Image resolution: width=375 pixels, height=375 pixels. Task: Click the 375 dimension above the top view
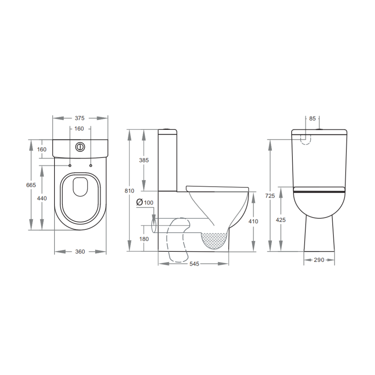[80, 118]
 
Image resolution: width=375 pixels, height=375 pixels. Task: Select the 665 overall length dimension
[31, 185]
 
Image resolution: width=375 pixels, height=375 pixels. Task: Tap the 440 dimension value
[42, 198]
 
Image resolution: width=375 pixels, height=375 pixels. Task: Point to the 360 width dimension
[80, 251]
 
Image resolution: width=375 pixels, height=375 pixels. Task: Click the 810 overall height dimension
[130, 191]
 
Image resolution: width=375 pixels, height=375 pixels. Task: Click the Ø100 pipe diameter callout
[145, 202]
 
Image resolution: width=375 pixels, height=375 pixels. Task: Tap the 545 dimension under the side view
[194, 264]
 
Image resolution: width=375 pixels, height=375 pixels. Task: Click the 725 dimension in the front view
[270, 196]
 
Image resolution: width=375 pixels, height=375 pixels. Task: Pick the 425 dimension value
[281, 220]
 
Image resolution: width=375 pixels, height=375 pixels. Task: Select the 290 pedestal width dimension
[319, 260]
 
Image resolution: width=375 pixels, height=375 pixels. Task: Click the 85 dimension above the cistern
[312, 119]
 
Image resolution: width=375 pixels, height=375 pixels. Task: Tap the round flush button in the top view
[80, 147]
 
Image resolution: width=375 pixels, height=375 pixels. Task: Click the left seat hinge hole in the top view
[70, 165]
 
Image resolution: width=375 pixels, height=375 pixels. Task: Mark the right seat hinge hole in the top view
[91, 165]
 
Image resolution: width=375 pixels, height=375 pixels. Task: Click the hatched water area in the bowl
[214, 240]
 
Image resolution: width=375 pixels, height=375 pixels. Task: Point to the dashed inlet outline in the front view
[306, 139]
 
